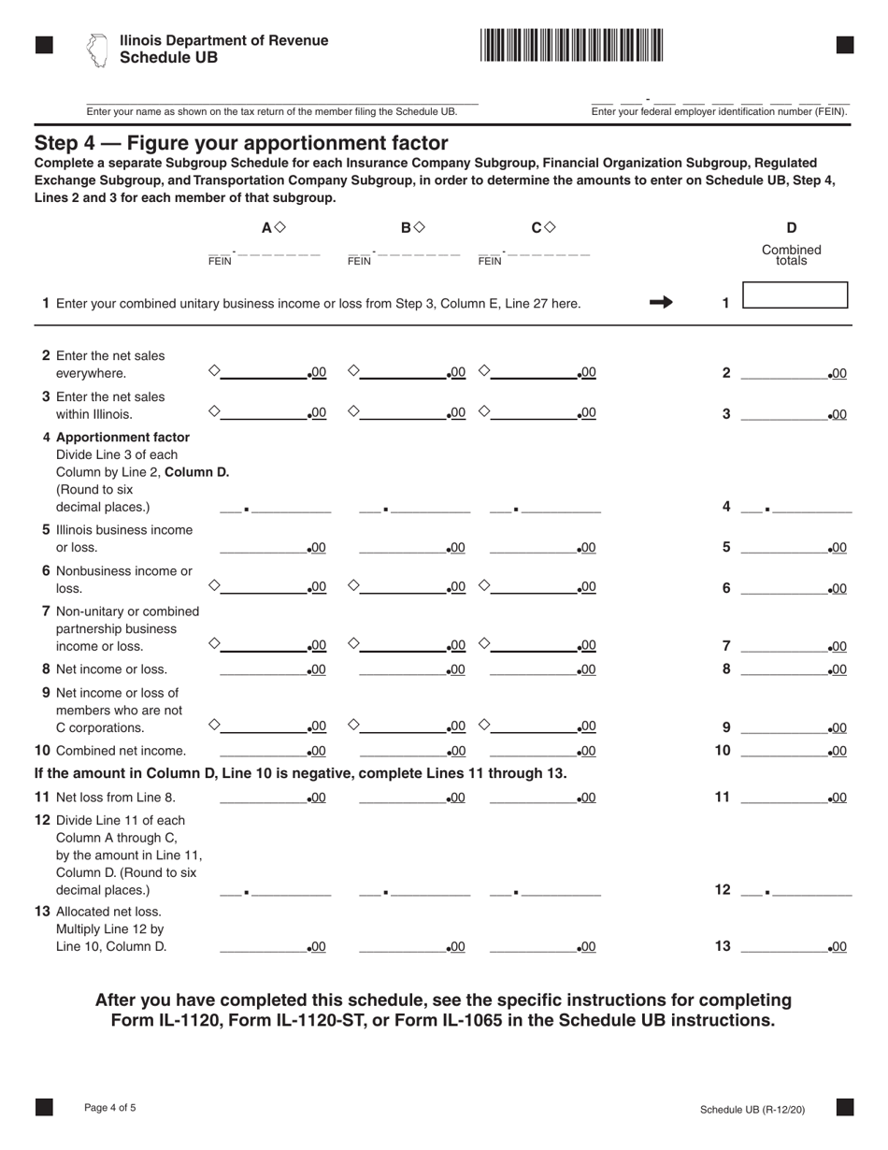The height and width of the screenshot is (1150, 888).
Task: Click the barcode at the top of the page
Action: (572, 45)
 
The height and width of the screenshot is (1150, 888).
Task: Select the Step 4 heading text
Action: (241, 143)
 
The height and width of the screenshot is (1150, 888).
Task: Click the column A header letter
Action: (266, 227)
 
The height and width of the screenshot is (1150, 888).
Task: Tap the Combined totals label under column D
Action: (791, 255)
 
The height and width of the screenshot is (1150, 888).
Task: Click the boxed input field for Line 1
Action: (795, 295)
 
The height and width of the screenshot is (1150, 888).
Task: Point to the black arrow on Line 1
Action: (661, 302)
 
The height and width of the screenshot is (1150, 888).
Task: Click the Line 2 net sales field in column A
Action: (264, 372)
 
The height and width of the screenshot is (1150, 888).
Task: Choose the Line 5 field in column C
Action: (534, 547)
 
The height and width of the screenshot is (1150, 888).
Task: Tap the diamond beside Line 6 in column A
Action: (214, 585)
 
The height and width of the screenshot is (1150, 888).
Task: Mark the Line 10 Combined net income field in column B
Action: (403, 750)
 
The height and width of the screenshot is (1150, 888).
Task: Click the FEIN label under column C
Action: (489, 262)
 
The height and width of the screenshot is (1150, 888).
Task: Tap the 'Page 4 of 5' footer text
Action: (109, 1108)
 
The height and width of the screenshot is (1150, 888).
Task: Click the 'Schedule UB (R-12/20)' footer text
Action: (752, 1110)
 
